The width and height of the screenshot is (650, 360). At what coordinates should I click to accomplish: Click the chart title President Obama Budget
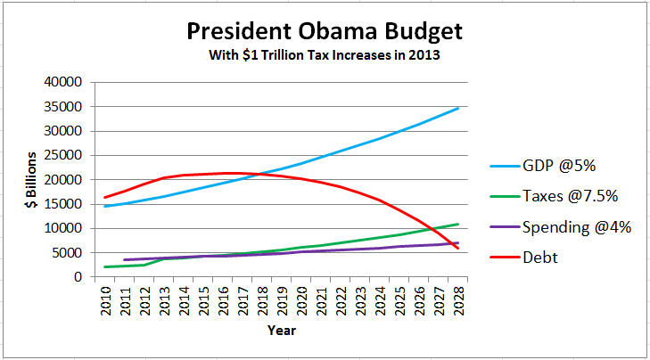[325, 33]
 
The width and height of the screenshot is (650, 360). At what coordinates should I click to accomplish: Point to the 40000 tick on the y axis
[63, 82]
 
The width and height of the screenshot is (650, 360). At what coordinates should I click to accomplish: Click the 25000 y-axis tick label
[63, 155]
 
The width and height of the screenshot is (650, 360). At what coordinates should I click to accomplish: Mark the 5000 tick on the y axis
[67, 252]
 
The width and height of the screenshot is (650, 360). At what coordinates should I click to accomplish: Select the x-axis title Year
[282, 330]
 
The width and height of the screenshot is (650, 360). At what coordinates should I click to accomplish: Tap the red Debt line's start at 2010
[105, 197]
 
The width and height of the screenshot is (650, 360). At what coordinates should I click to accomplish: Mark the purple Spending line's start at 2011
[124, 259]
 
